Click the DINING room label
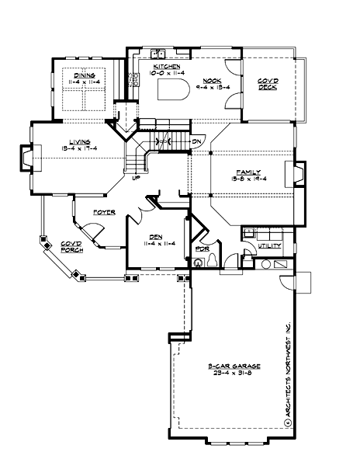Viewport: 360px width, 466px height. [85, 75]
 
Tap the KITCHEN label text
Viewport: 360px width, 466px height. [167, 68]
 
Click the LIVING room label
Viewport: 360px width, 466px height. [80, 141]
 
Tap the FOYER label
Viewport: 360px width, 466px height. [104, 211]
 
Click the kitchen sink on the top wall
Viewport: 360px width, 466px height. [161, 54]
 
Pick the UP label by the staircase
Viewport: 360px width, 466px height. [137, 178]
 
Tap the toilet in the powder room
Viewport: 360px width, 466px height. [199, 264]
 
